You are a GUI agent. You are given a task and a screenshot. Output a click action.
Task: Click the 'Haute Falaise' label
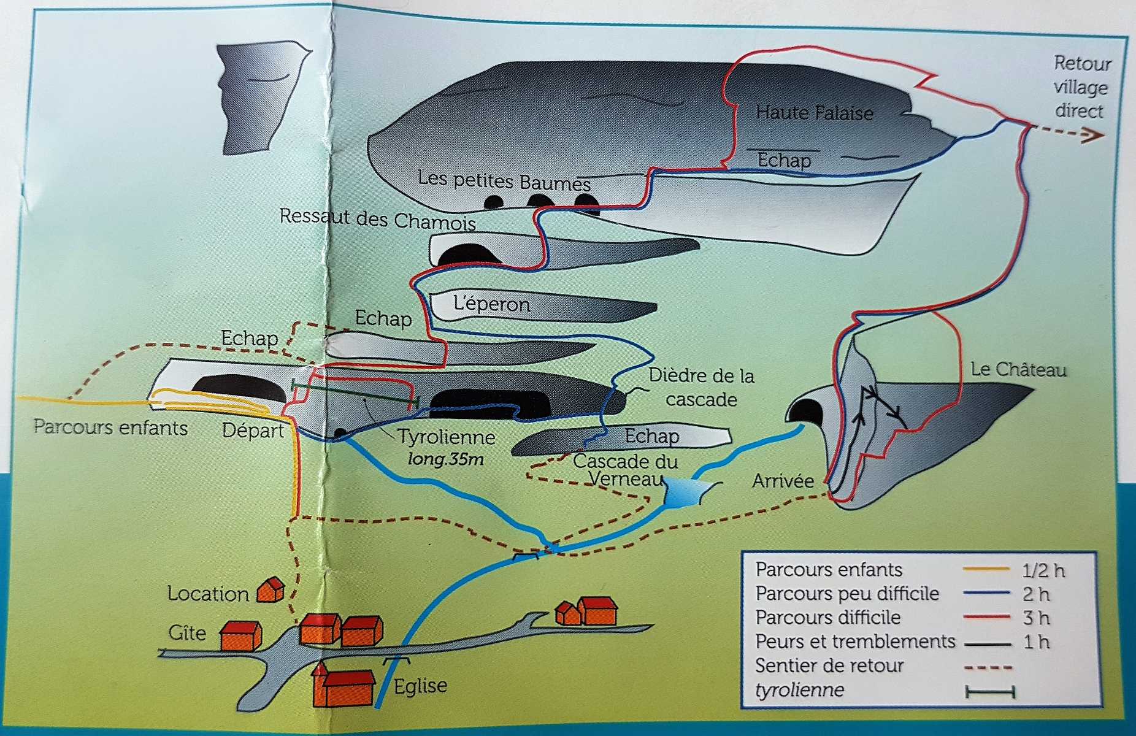point(814,113)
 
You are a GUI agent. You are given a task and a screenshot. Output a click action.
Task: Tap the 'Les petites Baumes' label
point(504,181)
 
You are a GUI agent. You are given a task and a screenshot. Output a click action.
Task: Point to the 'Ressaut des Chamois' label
point(377,218)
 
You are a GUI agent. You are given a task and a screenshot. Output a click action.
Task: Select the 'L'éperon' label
point(491,304)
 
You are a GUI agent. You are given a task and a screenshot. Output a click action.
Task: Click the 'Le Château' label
point(1018,370)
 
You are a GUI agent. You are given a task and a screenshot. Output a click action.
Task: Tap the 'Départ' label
point(253,431)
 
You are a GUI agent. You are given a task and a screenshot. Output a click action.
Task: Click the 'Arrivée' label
point(783,481)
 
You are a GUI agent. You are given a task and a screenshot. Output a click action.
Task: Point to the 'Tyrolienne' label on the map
point(446,437)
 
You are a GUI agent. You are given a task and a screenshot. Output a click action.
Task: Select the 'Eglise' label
point(420,686)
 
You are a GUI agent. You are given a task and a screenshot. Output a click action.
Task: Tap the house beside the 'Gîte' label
point(240,635)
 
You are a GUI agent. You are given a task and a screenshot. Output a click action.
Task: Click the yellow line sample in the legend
point(986,569)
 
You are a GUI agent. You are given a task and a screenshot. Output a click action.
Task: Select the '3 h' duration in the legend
point(1036,618)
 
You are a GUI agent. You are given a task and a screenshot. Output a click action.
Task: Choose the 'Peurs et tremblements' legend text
point(855,642)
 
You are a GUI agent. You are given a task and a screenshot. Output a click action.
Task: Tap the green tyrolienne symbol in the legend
point(989,692)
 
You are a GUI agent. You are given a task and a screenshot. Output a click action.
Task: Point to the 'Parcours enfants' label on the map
point(110,427)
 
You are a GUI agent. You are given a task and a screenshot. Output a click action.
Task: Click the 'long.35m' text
point(445,459)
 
